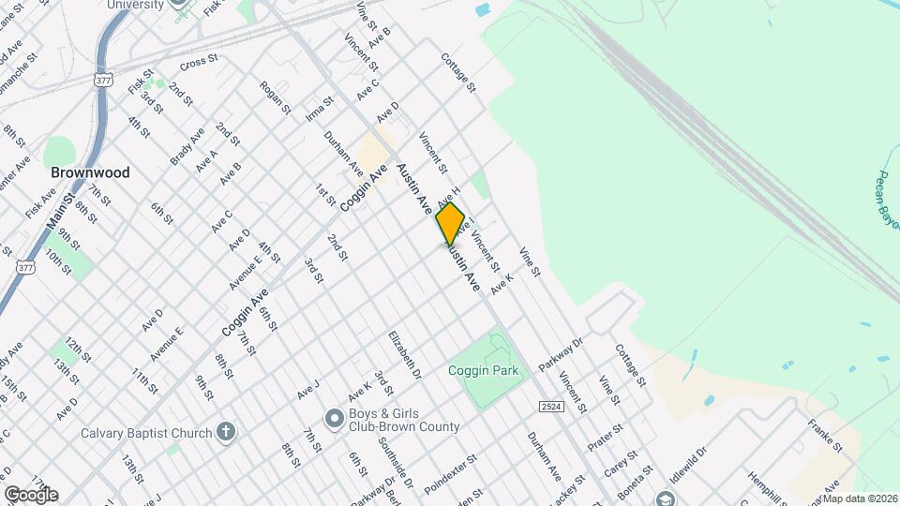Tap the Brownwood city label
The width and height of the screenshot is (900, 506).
90,173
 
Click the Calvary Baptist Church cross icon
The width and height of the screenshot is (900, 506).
225,432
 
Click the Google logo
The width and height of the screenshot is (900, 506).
30,495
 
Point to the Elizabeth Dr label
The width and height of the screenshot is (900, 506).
405,354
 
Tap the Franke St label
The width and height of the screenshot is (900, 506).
821,432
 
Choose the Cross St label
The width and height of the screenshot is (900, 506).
199,64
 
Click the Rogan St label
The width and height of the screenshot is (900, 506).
276,98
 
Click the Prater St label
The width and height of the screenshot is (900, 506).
606,437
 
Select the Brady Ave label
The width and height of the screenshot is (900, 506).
187,147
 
